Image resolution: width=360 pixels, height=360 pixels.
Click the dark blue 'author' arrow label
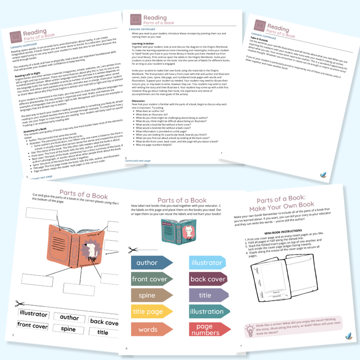pos(150,262)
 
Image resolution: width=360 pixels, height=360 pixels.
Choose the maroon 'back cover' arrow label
pos(207,279)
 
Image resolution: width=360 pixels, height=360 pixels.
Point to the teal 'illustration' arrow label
pos(206,311)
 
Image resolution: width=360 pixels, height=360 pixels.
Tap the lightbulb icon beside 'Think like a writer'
pos(250,331)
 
